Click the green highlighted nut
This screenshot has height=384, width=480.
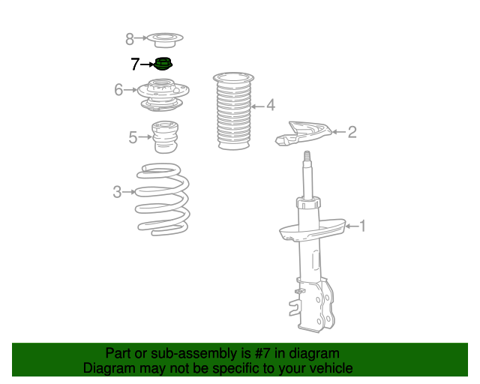click(163, 64)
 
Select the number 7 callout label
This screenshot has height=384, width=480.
click(135, 64)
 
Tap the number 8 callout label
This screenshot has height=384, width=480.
click(130, 39)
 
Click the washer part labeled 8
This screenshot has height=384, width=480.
click(165, 40)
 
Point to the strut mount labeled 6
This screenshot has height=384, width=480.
click(163, 95)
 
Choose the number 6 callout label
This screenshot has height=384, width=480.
click(118, 90)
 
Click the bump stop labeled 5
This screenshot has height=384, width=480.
click(165, 137)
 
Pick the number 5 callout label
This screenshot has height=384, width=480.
click(133, 137)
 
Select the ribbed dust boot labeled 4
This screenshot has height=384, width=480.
click(233, 111)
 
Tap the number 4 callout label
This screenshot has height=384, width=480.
click(271, 105)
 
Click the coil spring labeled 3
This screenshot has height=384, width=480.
click(163, 199)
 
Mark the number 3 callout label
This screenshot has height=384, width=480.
click(117, 192)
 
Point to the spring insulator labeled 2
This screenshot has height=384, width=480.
click(303, 133)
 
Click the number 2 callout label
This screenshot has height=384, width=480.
click(352, 132)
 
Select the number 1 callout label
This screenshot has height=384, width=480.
click(363, 226)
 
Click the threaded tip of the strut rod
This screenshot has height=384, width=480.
click(307, 156)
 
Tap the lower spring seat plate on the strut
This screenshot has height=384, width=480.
click(313, 229)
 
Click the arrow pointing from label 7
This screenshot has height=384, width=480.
click(148, 64)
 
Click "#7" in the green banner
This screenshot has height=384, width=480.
click(262, 353)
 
